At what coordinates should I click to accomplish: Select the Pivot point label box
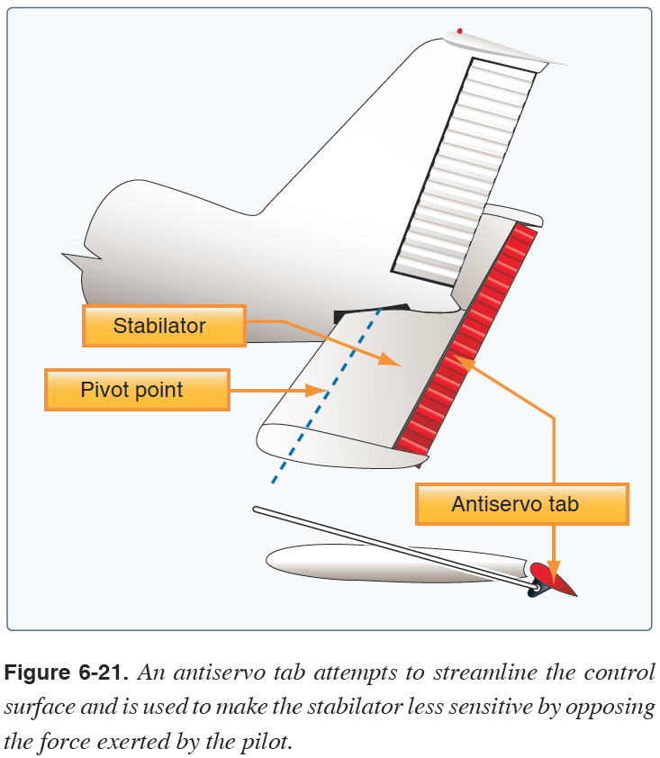click(x=135, y=391)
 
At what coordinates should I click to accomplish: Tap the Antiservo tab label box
click(x=521, y=504)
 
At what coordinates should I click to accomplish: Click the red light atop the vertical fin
click(x=460, y=31)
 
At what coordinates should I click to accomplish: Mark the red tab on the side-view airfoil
click(x=553, y=581)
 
